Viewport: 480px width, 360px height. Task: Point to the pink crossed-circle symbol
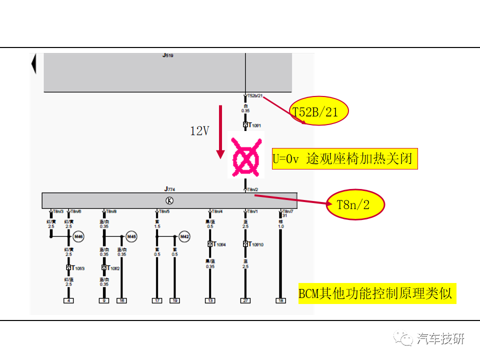[245, 154]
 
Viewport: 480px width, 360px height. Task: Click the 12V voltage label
[199, 131]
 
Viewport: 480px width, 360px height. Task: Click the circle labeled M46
[78, 236]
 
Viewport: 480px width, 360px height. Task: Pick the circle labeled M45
[131, 236]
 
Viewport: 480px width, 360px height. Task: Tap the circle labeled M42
[184, 236]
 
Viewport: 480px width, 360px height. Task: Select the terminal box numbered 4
[68, 300]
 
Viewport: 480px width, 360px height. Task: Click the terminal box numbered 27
[245, 300]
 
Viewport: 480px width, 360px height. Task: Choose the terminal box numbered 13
[210, 300]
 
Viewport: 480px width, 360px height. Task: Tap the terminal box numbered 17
[157, 300]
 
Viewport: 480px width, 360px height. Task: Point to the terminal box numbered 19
[174, 300]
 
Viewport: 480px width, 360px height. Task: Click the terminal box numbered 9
[104, 300]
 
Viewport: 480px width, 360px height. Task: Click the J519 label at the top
[168, 56]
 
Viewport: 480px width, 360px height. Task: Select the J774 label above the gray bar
[169, 189]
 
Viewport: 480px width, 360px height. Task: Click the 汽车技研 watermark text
[440, 338]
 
